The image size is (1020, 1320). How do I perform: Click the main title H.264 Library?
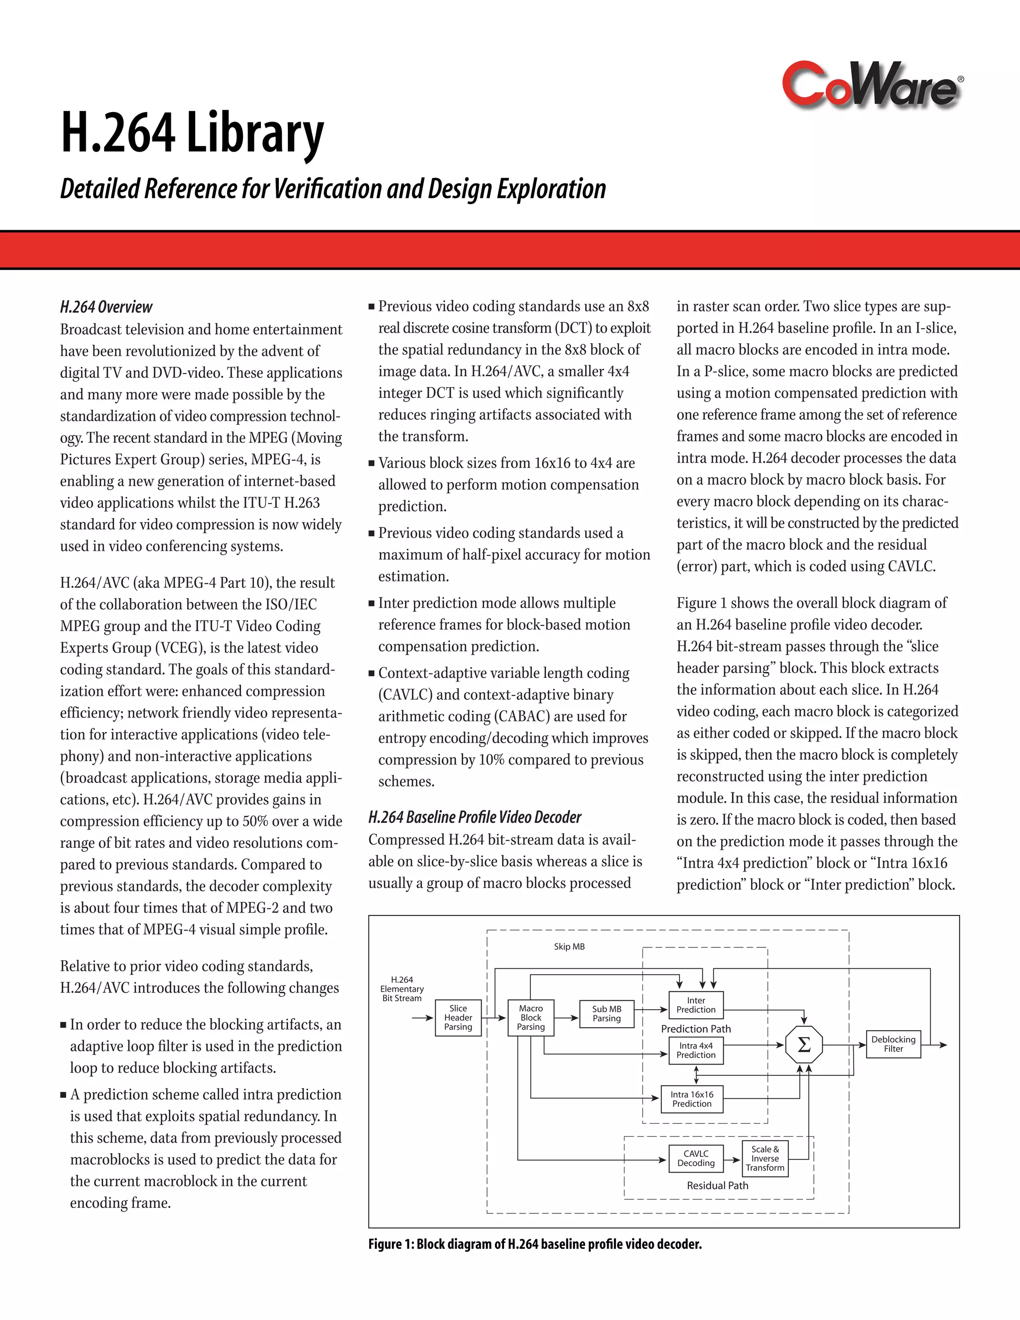click(192, 133)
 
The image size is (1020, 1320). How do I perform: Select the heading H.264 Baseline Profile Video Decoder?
click(474, 817)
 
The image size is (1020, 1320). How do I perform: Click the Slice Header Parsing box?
click(458, 1017)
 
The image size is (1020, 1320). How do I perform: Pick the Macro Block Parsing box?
click(530, 1017)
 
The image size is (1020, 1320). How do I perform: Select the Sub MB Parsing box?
click(606, 1014)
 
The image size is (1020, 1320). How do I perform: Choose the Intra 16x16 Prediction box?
click(692, 1099)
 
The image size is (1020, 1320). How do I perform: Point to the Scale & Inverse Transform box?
click(765, 1158)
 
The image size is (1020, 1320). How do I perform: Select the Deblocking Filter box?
click(893, 1044)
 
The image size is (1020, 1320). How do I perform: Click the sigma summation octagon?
click(804, 1045)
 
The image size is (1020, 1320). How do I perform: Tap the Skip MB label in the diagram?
click(569, 946)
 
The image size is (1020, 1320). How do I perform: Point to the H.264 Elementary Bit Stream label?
click(402, 989)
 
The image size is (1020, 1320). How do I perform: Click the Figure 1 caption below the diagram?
click(535, 1244)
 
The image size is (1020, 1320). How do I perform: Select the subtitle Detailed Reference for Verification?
click(332, 189)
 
